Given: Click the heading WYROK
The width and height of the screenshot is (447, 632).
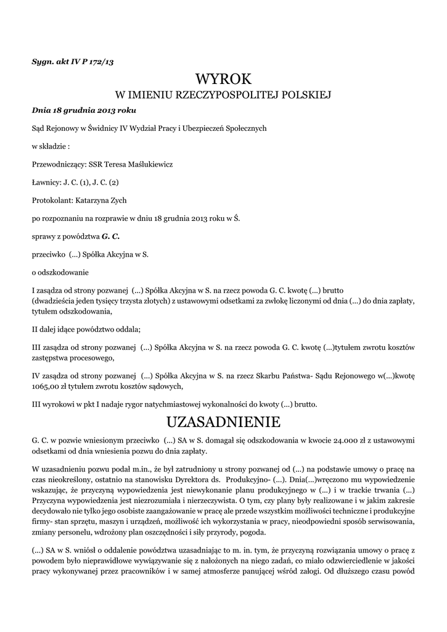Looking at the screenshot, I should pos(224,78).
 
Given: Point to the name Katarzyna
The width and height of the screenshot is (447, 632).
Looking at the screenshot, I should pos(96,200).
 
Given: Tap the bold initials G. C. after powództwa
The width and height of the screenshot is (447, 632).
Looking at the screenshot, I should pos(110,236).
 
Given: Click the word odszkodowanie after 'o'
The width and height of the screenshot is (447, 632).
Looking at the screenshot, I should pos(64,272).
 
